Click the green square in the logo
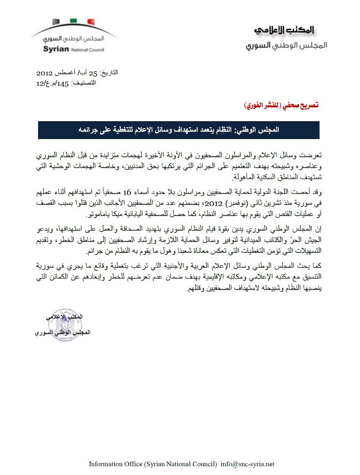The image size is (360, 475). pyautogui.click(x=74, y=21)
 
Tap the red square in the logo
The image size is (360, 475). pyautogui.click(x=91, y=21)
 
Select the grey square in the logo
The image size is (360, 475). pyautogui.click(x=56, y=21)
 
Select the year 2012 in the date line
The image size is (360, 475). pyautogui.click(x=46, y=73)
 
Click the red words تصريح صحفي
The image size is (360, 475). pyautogui.click(x=300, y=105)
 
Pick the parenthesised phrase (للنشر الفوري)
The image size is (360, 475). pyautogui.click(x=261, y=105)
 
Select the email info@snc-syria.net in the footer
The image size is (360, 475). pyautogui.click(x=247, y=464)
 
